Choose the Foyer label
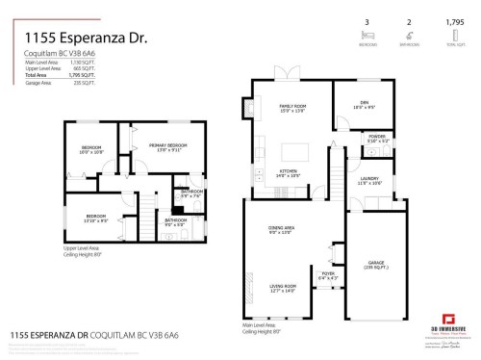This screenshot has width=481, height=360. [328, 276]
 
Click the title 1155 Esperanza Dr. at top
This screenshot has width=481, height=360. [73, 39]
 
